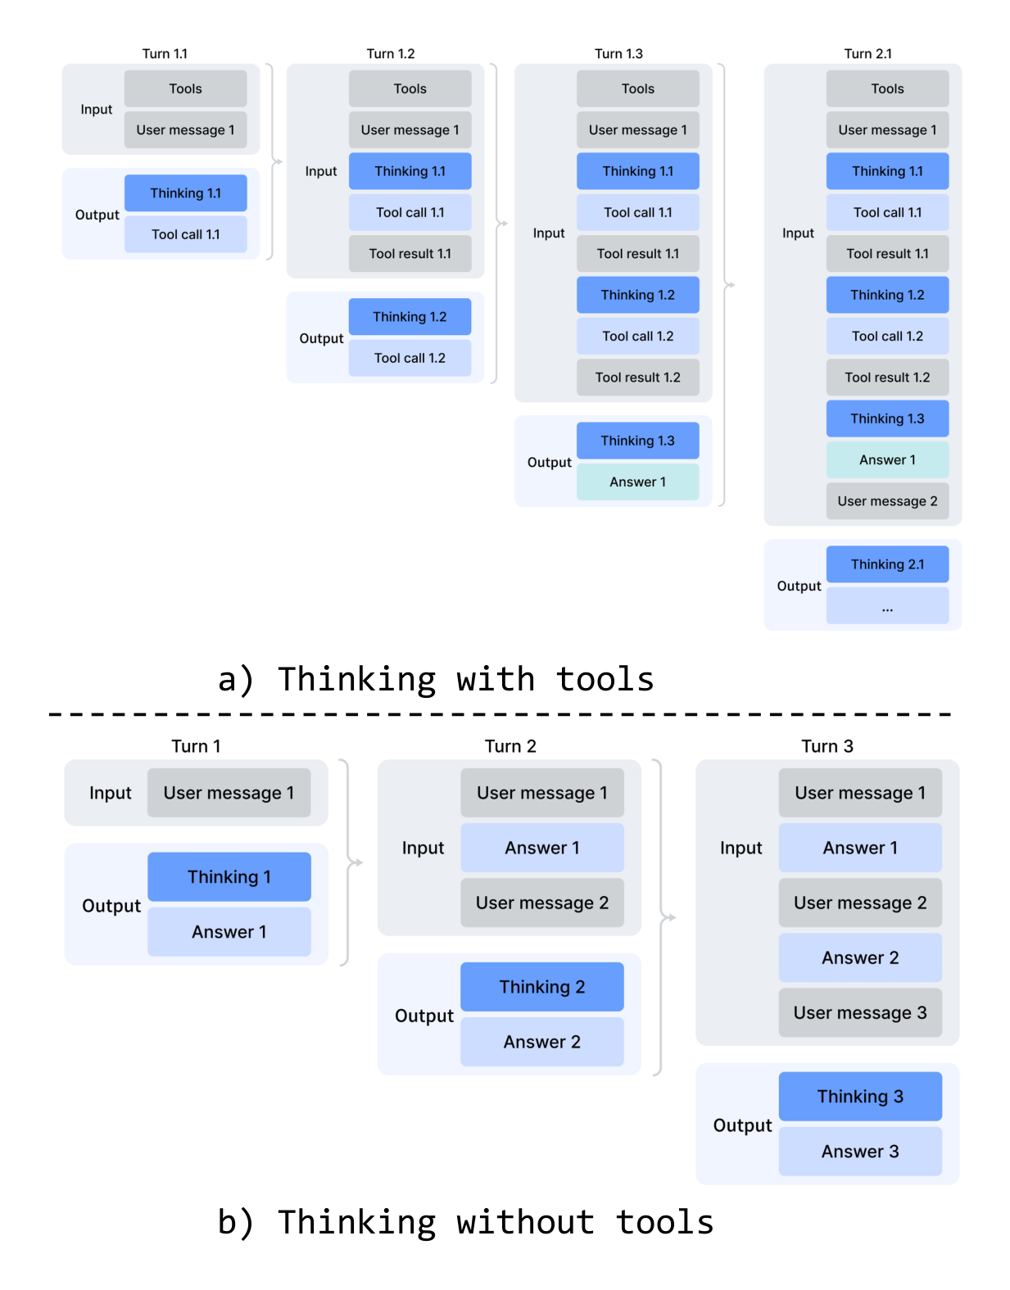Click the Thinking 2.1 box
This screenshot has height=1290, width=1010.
pos(887,564)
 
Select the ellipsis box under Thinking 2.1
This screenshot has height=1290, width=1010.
pos(887,606)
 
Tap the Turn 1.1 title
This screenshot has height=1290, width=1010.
pos(165,54)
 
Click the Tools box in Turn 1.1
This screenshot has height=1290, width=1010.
pos(185,88)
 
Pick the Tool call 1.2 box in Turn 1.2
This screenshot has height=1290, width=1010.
pos(410,358)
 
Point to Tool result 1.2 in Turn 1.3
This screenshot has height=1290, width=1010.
pos(637,378)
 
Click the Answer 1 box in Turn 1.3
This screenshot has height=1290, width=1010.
pos(637,482)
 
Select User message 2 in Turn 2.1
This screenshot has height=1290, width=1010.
pos(887,501)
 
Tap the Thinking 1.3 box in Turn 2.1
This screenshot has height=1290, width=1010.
pos(887,419)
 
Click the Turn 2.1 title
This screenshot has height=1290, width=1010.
pos(867,54)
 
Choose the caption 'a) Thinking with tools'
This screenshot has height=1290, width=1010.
pos(436,680)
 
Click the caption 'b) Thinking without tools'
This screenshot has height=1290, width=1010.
pos(465,1222)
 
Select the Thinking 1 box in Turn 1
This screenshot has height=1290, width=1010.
pos(229,876)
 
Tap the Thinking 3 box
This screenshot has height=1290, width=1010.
pos(860,1097)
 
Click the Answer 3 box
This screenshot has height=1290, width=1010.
pos(860,1152)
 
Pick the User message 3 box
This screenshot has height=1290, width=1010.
pos(860,1013)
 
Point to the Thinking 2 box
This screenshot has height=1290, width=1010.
pos(541,987)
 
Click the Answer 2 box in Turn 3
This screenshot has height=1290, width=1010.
pos(860,958)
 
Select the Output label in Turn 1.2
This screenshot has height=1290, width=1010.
pos(321,338)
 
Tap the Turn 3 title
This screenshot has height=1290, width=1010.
pos(827,746)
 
